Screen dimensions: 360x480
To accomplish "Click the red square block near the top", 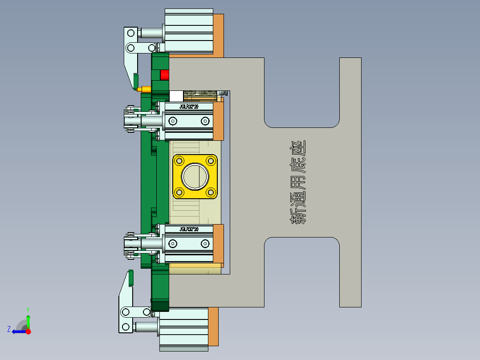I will click(165, 75).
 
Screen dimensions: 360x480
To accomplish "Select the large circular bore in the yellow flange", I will click(195, 176).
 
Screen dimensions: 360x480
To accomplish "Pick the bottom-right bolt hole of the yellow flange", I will click(211, 192).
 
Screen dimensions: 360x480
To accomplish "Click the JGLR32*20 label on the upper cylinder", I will click(188, 107).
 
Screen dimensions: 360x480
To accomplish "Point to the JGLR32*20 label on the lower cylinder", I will click(188, 229).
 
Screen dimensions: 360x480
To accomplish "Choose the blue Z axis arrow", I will click(18, 331).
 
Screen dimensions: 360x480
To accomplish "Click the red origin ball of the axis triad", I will click(28, 331).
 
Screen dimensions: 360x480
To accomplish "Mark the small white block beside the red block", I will click(176, 96).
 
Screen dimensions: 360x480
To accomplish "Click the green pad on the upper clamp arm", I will click(135, 81).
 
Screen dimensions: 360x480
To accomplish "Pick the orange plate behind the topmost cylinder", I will click(218, 34).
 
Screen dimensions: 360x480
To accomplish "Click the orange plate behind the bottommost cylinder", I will click(213, 327).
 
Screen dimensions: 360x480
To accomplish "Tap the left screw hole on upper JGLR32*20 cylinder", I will click(173, 121).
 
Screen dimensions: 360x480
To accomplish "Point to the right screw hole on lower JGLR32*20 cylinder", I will click(205, 243).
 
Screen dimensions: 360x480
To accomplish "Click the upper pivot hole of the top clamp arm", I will click(131, 33).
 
